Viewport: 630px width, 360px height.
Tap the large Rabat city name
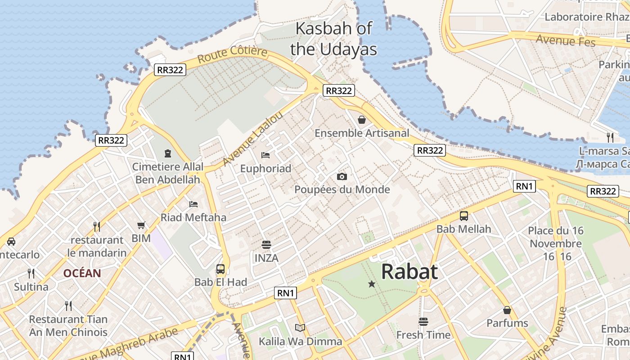point(409,272)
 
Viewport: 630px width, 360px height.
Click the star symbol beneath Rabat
point(372,284)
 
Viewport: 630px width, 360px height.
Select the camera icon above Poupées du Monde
point(342,176)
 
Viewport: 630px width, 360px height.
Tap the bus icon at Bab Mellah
point(464,216)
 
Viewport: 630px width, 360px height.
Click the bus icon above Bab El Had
point(220,269)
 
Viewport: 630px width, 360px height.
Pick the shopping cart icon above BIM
point(141,225)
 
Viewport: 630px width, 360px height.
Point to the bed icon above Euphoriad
point(265,155)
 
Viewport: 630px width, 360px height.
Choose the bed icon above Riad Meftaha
point(193,204)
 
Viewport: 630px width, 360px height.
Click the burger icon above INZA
point(266,245)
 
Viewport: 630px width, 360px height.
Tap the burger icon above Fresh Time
point(423,322)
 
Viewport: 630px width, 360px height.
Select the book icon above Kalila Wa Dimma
point(300,328)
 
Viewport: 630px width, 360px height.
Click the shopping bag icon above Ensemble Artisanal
point(361,120)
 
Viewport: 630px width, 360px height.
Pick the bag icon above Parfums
point(507,310)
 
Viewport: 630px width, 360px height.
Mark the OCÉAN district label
point(82,273)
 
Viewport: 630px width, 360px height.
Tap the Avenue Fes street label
point(566,40)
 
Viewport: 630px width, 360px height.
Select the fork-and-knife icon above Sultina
point(31,273)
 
